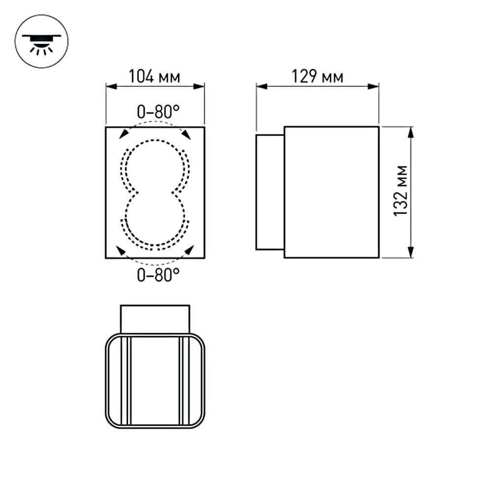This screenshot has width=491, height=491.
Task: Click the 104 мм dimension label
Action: [154, 77]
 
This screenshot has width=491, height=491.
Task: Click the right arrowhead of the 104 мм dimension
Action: [199, 87]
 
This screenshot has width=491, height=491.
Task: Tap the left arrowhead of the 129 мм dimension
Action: [261, 87]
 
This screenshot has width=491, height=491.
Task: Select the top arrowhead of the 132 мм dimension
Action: [411, 132]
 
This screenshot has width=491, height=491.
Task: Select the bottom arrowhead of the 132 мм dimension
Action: [411, 252]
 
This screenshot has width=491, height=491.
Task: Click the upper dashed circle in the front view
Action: [155, 166]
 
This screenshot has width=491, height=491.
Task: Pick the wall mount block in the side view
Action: [270, 191]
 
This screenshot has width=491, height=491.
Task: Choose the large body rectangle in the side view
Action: [331, 191]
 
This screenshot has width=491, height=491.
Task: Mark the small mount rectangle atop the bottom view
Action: [155, 319]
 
